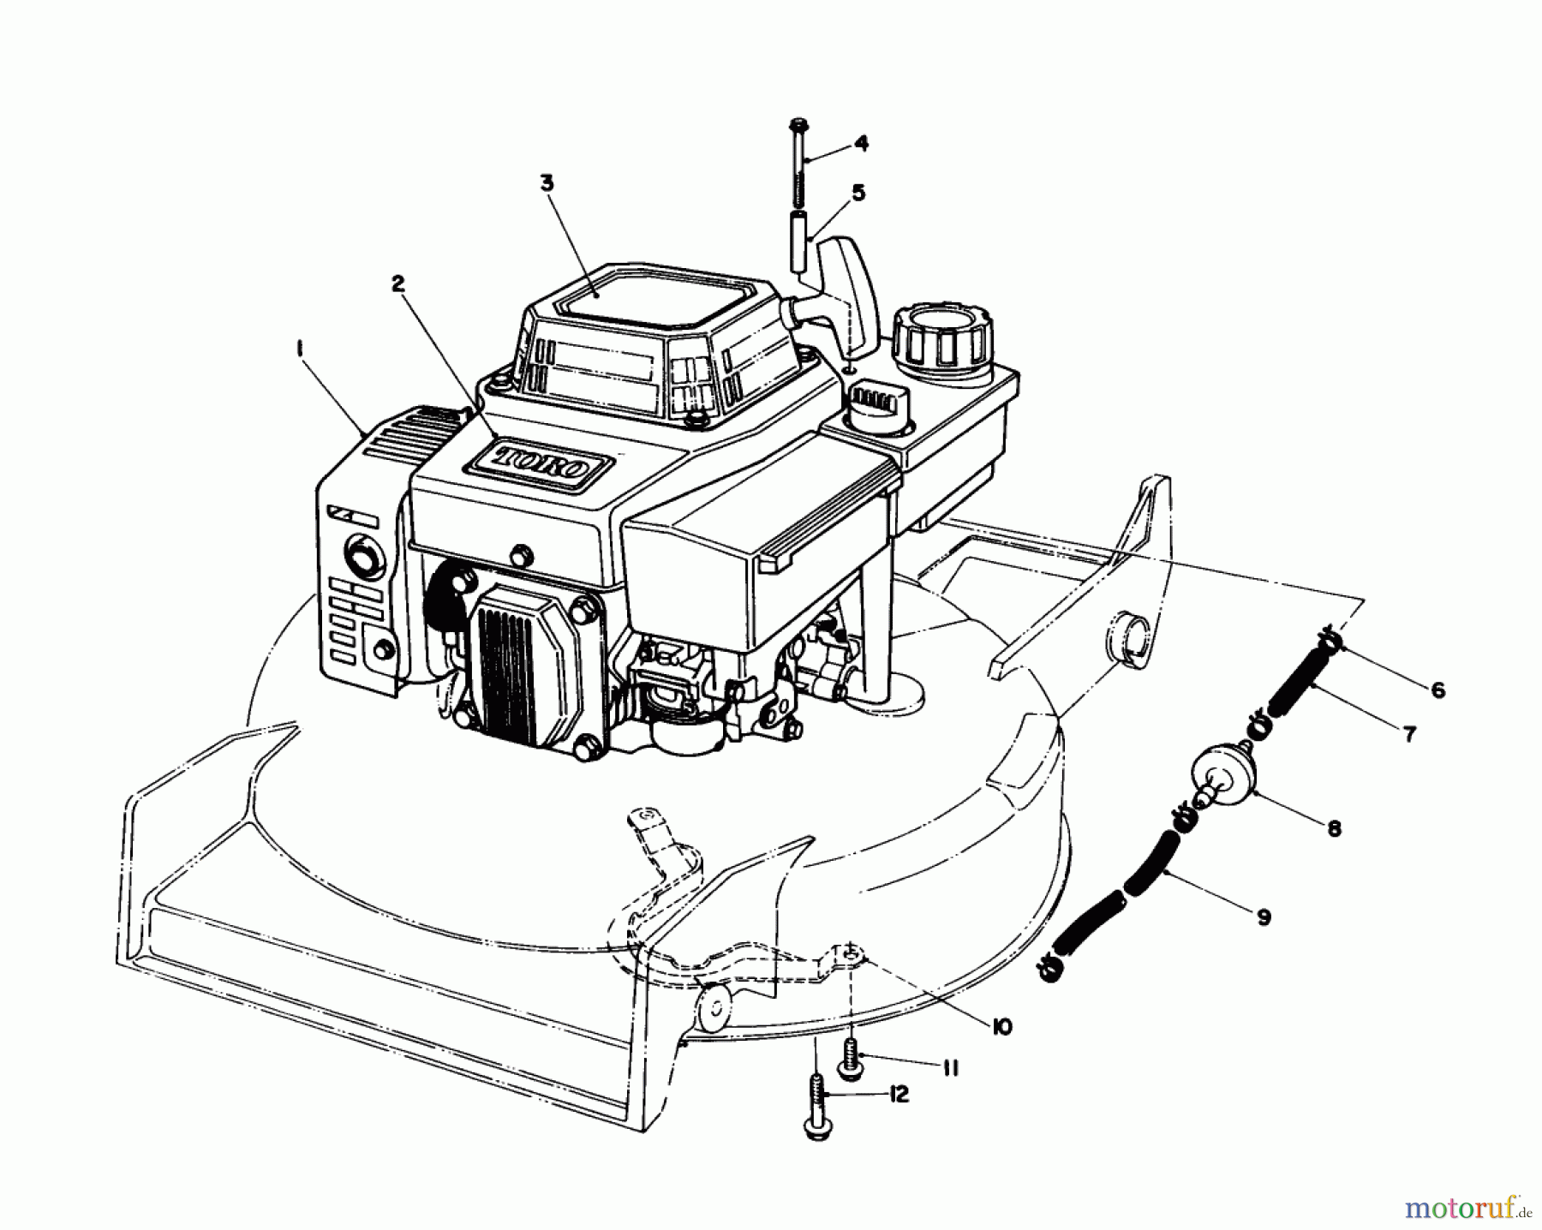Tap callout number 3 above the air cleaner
(547, 182)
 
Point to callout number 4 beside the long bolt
(860, 143)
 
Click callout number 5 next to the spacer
(858, 193)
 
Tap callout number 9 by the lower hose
(1263, 917)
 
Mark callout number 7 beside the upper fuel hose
(1409, 733)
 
